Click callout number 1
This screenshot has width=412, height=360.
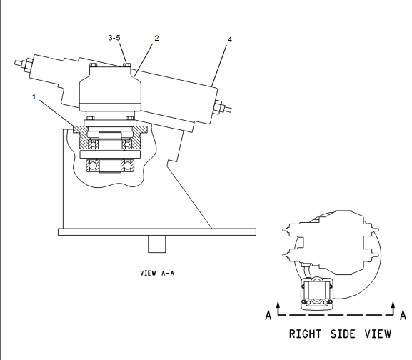(x=34, y=97)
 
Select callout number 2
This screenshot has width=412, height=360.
(x=156, y=39)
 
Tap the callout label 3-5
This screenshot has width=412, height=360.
(x=114, y=38)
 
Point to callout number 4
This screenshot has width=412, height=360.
(x=230, y=40)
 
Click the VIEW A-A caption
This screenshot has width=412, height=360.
(x=157, y=274)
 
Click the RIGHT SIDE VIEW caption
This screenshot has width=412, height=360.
(x=340, y=334)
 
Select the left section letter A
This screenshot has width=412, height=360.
(x=268, y=316)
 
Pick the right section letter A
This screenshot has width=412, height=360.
(x=403, y=315)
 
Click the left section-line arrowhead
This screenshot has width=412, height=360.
(x=278, y=304)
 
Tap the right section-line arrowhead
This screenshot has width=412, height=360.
(x=393, y=304)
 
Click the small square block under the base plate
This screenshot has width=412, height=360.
(x=157, y=244)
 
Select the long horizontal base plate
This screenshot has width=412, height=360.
(x=157, y=232)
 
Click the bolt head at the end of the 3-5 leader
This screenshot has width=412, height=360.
(x=127, y=64)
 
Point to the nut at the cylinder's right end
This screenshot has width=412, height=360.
(x=218, y=107)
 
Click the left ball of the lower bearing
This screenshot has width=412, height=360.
(x=93, y=166)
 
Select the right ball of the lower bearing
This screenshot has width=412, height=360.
(x=127, y=166)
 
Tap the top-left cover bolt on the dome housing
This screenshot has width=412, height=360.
(x=94, y=65)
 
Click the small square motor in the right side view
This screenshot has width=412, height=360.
(x=317, y=294)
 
